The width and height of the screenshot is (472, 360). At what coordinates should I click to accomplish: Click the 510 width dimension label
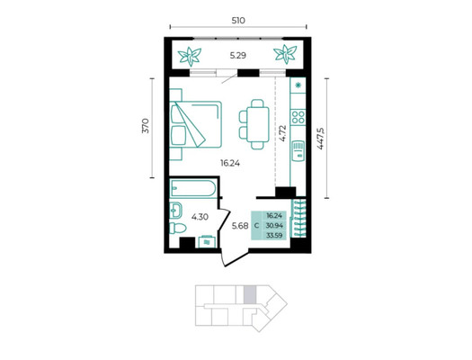238,21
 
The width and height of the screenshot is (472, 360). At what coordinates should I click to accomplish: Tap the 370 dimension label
146,126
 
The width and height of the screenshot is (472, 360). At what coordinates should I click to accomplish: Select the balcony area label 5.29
238,56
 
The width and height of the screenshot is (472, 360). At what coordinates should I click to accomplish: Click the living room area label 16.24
230,163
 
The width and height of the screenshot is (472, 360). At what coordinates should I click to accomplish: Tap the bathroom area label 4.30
200,217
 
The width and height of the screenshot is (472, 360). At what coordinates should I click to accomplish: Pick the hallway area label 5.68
240,226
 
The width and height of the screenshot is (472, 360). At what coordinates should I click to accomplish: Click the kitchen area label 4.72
282,133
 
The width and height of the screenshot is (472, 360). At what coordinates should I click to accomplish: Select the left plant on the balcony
190,57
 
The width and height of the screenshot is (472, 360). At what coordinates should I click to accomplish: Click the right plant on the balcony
285,54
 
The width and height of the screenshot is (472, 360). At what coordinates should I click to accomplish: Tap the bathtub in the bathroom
193,189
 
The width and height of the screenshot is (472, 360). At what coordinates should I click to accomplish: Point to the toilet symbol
178,228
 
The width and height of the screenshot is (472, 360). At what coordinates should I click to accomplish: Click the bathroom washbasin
175,210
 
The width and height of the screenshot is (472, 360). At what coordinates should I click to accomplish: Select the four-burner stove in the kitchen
298,117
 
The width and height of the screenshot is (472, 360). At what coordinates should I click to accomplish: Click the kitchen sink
298,151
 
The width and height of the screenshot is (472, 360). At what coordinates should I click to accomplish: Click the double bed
196,124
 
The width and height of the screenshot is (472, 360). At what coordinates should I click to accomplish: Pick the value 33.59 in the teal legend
274,235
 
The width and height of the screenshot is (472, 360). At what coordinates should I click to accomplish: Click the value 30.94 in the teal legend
274,225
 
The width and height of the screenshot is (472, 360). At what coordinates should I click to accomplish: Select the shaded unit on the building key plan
250,294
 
